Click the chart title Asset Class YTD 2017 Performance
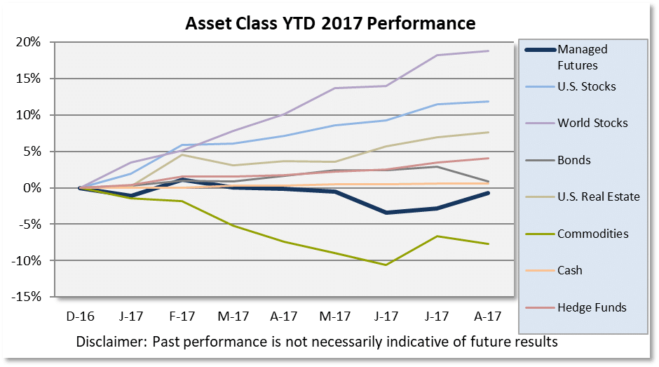pos(330,24)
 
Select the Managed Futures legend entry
pos(582,57)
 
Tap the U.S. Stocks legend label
pos(586,86)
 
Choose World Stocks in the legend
pos(592,123)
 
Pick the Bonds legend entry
pos(573,160)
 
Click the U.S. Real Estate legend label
pos(598,196)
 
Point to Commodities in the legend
pos(592,234)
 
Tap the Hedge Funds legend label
pos(591,307)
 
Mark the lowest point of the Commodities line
pos(386,265)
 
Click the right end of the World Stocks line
pos(489,51)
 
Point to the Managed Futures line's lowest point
pos(386,213)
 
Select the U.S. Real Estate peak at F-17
pos(182,154)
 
